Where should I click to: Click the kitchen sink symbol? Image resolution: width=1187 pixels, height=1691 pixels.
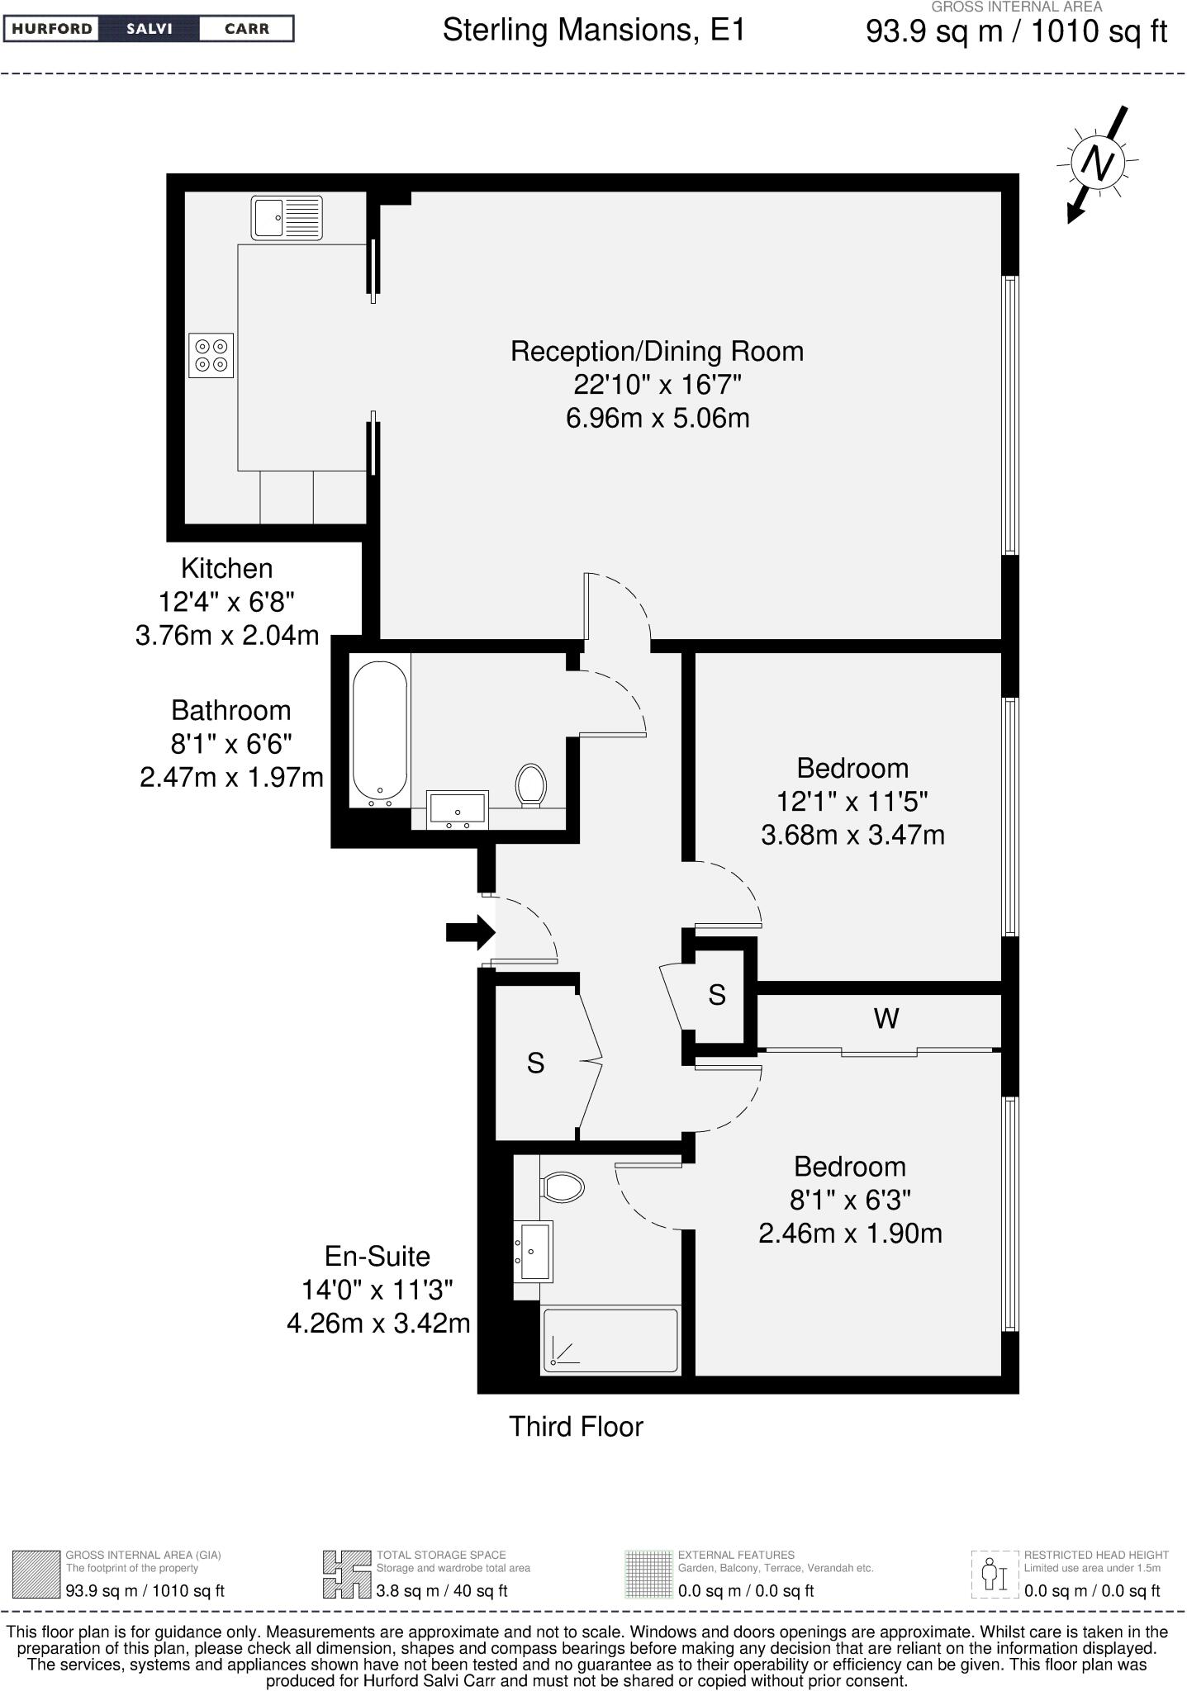[x=287, y=219]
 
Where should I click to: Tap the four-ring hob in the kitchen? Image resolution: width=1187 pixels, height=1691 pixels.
[x=211, y=355]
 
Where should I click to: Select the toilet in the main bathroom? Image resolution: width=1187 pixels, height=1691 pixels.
[x=531, y=784]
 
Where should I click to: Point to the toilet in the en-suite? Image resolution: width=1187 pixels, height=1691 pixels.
[x=563, y=1188]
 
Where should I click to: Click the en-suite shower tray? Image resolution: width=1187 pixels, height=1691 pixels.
[x=610, y=1340]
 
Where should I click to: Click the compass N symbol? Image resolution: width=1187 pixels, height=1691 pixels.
[x=1098, y=163]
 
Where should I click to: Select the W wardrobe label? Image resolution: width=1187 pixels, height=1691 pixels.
[x=886, y=1019]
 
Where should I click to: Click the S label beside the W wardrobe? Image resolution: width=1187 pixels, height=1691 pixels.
[x=716, y=995]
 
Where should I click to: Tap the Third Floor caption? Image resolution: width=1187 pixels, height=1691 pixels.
[x=576, y=1427]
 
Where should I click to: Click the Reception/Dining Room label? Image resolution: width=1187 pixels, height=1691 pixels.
[x=657, y=351]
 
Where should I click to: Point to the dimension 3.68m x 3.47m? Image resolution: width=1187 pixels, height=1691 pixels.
[x=852, y=835]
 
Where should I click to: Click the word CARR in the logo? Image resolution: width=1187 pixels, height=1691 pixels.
[x=247, y=29]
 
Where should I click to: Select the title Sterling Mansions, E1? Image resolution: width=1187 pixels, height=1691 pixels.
[x=593, y=31]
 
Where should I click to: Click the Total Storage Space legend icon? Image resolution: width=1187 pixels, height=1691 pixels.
[x=346, y=1574]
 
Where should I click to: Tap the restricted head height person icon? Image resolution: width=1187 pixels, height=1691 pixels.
[x=994, y=1574]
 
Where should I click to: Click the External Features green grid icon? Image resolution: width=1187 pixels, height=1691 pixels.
[x=648, y=1574]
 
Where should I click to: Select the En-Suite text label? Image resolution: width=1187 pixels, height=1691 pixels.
[x=377, y=1256]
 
